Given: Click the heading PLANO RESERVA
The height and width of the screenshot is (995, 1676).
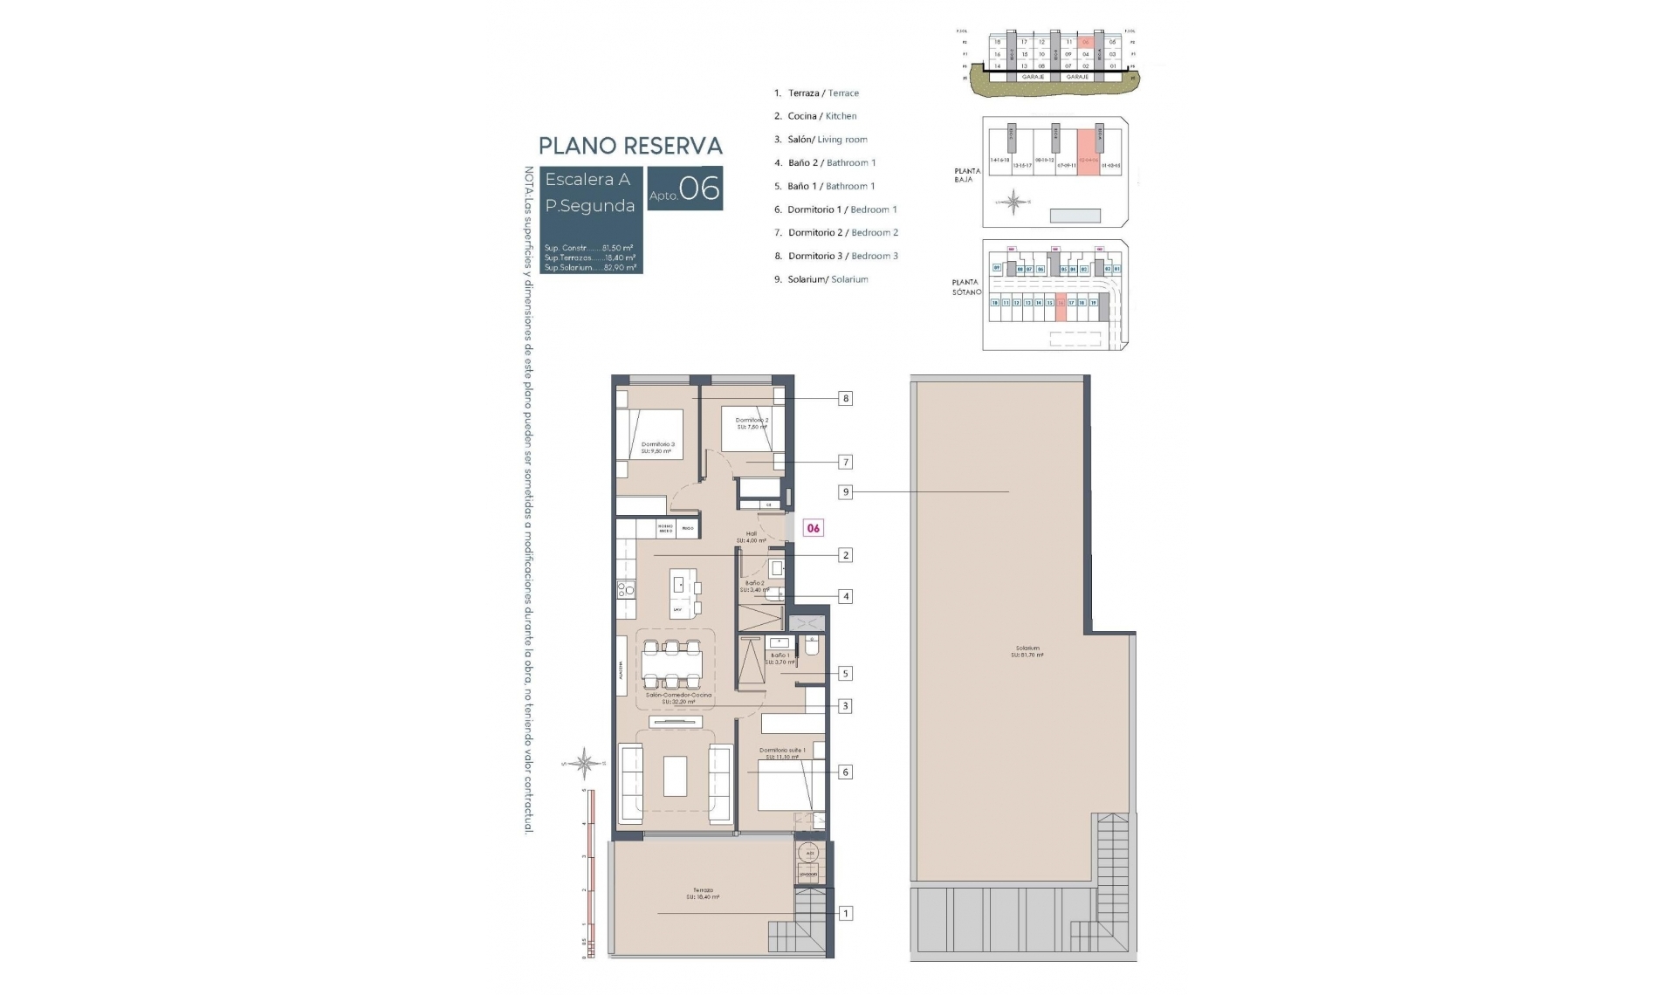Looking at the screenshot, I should pos(630,146).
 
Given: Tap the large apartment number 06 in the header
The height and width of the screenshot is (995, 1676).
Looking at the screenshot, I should pos(699,189).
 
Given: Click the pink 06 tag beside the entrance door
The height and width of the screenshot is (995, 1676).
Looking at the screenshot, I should pos(813,528).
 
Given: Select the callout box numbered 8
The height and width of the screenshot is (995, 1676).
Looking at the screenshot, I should pos(845,399).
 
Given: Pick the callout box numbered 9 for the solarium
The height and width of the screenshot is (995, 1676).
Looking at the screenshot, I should pos(845,492).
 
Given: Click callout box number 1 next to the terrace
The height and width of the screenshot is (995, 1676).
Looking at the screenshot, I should pos(845,914).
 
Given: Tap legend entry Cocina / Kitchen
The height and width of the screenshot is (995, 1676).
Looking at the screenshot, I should pos(821,116).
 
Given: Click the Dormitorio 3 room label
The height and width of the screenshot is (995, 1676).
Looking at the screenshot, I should pos(657,448).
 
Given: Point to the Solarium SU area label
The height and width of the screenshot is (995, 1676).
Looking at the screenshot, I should pos(1027,651).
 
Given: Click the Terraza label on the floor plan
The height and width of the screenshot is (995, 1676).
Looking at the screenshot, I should pos(703,894).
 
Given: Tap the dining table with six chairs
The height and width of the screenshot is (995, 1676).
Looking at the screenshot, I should pos(671,667).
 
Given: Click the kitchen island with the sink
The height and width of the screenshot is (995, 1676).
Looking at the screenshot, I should pos(683,594).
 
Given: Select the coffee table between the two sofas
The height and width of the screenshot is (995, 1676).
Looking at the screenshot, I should pos(675,776).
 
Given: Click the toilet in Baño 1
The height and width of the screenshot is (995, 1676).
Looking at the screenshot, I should pos(811,647).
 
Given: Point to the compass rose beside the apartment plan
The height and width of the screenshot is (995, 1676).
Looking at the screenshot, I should pos(585,764).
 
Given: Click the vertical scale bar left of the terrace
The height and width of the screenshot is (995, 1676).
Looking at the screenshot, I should pos(591,873).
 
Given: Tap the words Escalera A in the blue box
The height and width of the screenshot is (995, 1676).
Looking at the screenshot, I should pos(587,180).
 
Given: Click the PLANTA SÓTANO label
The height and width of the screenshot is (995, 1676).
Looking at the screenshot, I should pos(966,287).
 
